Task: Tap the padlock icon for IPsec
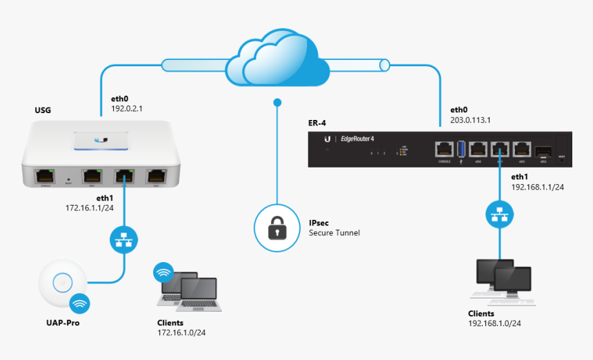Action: pyautogui.click(x=277, y=228)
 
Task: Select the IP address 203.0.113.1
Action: pyautogui.click(x=470, y=119)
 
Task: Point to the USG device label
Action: pyautogui.click(x=43, y=110)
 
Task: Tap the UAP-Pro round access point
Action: pyautogui.click(x=62, y=283)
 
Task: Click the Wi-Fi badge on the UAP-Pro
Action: pyautogui.click(x=79, y=303)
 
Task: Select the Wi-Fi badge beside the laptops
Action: pyautogui.click(x=163, y=272)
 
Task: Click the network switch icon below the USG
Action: pyautogui.click(x=124, y=240)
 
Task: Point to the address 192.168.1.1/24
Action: pyautogui.click(x=537, y=187)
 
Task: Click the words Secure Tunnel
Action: pyautogui.click(x=334, y=233)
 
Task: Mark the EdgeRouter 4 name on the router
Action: pyautogui.click(x=357, y=139)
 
